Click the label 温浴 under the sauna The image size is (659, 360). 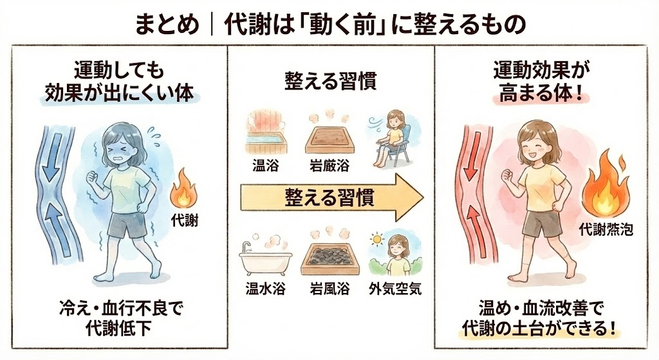tap(266, 166)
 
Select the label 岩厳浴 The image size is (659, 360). tap(329, 166)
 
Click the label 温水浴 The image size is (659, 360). tap(266, 289)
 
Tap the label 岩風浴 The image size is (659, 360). tap(329, 289)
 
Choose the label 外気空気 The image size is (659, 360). tap(395, 289)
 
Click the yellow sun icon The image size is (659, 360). tap(377, 240)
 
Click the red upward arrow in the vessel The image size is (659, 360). tap(474, 231)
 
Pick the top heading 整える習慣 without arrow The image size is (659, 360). tap(330, 81)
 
